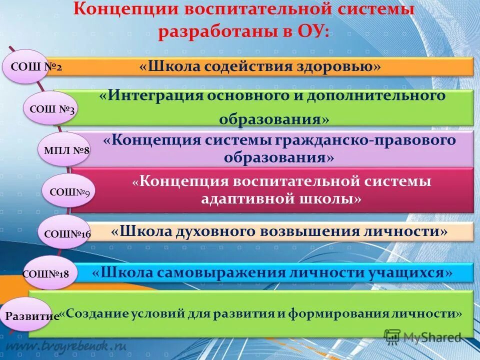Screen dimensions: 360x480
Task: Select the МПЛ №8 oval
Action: click(x=63, y=149)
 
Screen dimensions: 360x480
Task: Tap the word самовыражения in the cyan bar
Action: click(x=223, y=272)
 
